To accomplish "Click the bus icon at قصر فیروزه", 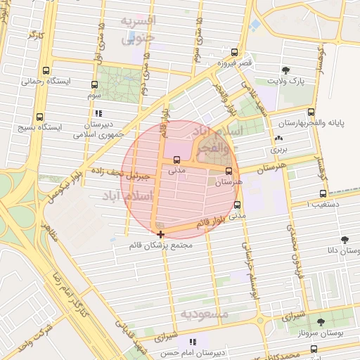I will (234, 52).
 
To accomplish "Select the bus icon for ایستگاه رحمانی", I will (46, 70).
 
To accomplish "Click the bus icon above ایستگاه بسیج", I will (39, 117).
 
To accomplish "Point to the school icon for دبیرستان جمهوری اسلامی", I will (98, 113).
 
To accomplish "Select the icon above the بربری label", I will (279, 139).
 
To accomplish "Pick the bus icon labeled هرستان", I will (229, 171).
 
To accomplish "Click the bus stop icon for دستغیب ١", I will (323, 193).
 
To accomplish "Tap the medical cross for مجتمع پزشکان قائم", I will (161, 234).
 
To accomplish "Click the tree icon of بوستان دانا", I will (346, 240).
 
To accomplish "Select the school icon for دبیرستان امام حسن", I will (192, 342).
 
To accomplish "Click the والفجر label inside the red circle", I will (216, 148).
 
